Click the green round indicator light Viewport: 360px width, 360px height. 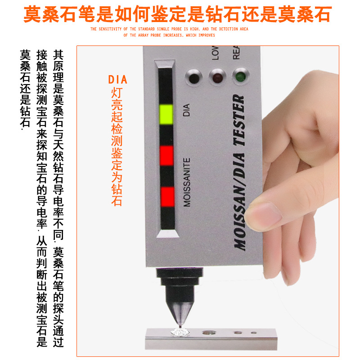pyautogui.click(x=238, y=76)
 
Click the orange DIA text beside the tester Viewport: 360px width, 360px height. pyautogui.click(x=117, y=80)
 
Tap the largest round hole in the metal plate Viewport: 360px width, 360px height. pyautogui.click(x=208, y=333)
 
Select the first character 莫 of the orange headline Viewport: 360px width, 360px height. pyautogui.click(x=33, y=14)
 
